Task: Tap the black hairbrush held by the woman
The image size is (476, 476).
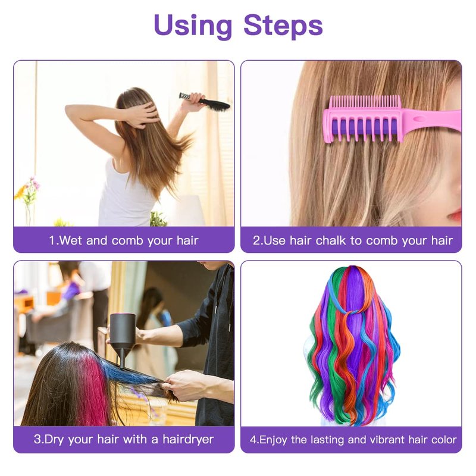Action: point(205,102)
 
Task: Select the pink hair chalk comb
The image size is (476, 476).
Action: point(392,118)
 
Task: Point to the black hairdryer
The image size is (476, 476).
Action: point(122,339)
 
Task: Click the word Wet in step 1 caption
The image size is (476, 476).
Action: point(71,240)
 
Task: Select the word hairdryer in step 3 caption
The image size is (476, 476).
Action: point(188,439)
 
